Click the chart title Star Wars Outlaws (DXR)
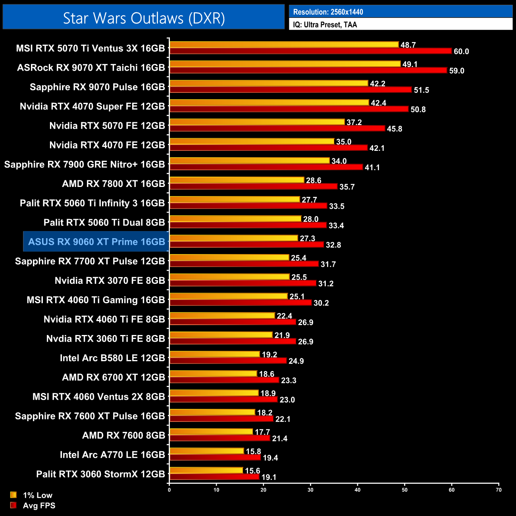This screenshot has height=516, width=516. coord(144,18)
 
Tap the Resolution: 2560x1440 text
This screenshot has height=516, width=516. coord(328,12)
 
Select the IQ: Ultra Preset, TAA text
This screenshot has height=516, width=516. coord(325,25)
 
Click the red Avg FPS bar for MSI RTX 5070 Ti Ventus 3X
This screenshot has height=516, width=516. coord(310,51)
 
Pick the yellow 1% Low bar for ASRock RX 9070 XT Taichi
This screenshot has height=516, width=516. coord(285,64)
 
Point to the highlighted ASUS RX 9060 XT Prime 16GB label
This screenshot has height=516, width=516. coord(96,242)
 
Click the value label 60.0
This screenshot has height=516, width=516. coord(461,52)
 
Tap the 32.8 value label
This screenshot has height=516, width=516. coord(333,245)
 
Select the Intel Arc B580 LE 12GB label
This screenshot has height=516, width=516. coord(112,358)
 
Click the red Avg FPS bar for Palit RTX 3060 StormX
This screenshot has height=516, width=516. coord(214,477)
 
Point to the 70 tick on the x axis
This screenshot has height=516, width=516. coord(499,490)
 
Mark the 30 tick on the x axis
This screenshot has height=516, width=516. coord(310,490)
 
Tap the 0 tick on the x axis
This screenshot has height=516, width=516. coord(169,490)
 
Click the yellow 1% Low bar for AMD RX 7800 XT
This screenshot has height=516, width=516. coord(237,180)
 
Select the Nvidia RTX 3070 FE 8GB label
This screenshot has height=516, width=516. coord(110,281)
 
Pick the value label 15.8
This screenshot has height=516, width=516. coord(253,451)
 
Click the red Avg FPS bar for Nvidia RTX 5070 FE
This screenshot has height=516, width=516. coord(277,129)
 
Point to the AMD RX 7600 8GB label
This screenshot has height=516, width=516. coord(123,435)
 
